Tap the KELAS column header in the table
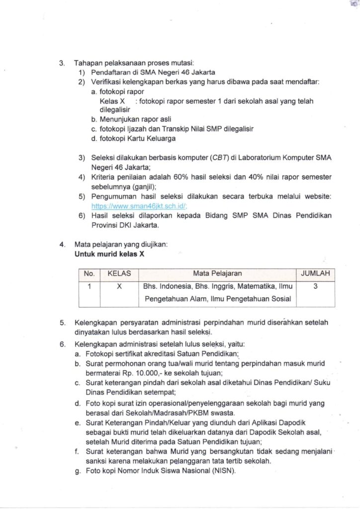[x=119, y=273]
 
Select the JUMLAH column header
[x=316, y=273]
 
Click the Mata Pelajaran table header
[x=217, y=273]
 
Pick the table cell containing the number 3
[x=316, y=286]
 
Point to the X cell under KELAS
[x=119, y=286]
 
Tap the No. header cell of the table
[x=89, y=273]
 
